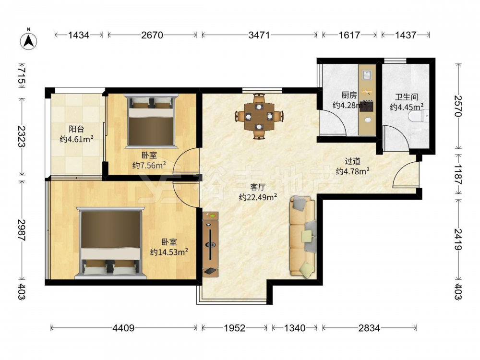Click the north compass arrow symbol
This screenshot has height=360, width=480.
click(28, 41)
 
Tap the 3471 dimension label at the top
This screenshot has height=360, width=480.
click(259, 35)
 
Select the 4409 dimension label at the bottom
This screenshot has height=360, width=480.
click(123, 328)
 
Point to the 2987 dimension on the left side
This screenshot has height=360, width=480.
click(21, 229)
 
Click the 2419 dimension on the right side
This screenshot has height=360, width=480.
click(458, 240)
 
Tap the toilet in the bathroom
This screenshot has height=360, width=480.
click(419, 116)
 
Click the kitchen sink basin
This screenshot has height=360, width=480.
click(367, 75)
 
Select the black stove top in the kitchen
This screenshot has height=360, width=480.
click(366, 107)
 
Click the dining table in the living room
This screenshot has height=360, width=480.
click(259, 116)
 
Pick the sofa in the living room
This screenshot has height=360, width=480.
click(302, 237)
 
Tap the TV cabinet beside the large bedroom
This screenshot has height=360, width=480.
click(210, 244)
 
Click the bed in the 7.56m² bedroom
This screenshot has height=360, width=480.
click(151, 121)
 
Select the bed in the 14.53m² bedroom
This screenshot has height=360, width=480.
click(110, 243)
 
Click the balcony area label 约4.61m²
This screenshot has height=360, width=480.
click(76, 139)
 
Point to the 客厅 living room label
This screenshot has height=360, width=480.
click(258, 187)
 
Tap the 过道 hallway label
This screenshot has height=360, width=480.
click(353, 161)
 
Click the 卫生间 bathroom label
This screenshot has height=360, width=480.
click(407, 97)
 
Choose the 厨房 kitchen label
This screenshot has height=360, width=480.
click(349, 95)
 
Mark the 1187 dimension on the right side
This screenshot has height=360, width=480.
click(458, 174)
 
